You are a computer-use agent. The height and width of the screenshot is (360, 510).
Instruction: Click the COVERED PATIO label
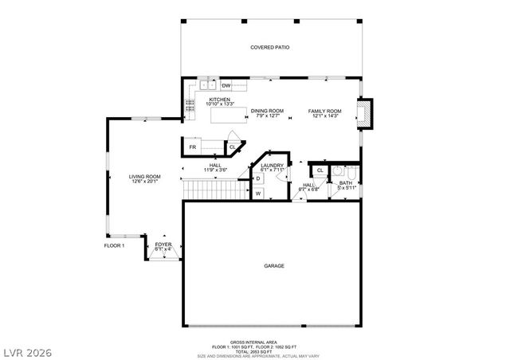pyautogui.click(x=269, y=48)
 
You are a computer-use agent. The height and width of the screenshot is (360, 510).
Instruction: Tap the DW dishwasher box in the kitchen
pyautogui.click(x=226, y=85)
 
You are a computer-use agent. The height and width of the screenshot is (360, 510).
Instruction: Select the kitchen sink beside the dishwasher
pyautogui.click(x=209, y=84)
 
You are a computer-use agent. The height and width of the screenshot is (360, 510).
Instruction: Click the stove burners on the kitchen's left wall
pyautogui.click(x=189, y=104)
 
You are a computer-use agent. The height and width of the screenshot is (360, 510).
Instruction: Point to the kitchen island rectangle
pyautogui.click(x=228, y=115)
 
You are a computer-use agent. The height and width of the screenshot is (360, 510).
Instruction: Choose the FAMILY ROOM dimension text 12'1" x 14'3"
pyautogui.click(x=325, y=116)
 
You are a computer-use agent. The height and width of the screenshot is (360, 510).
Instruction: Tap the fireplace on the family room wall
pyautogui.click(x=365, y=113)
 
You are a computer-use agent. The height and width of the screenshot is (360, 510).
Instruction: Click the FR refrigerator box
pyautogui.click(x=193, y=147)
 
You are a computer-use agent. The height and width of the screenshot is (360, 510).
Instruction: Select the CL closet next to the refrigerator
pyautogui.click(x=233, y=147)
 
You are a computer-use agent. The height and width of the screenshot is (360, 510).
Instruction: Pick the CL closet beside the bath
pyautogui.click(x=320, y=170)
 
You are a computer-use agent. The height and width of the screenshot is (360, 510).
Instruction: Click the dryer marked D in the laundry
pyautogui.click(x=258, y=178)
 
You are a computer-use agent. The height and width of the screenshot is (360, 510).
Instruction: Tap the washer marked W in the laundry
pyautogui.click(x=258, y=192)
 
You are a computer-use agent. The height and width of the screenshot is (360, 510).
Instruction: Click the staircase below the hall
pyautogui.click(x=212, y=190)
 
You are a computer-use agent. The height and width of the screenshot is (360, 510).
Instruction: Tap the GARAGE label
pyautogui.click(x=273, y=266)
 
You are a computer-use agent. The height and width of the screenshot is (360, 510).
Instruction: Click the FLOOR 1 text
pyautogui.click(x=114, y=245)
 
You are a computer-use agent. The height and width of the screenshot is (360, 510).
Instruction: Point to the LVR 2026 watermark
pyautogui.click(x=27, y=349)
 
